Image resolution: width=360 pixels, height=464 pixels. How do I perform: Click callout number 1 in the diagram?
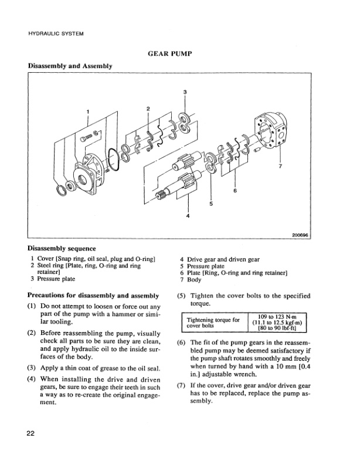click(x=88, y=111)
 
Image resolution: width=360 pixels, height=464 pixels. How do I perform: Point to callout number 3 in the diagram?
click(x=185, y=92)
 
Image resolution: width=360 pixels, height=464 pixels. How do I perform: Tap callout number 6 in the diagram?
click(x=235, y=191)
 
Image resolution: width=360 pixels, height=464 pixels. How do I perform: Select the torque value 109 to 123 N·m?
click(x=276, y=315)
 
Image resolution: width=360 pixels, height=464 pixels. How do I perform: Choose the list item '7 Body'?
click(x=191, y=280)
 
